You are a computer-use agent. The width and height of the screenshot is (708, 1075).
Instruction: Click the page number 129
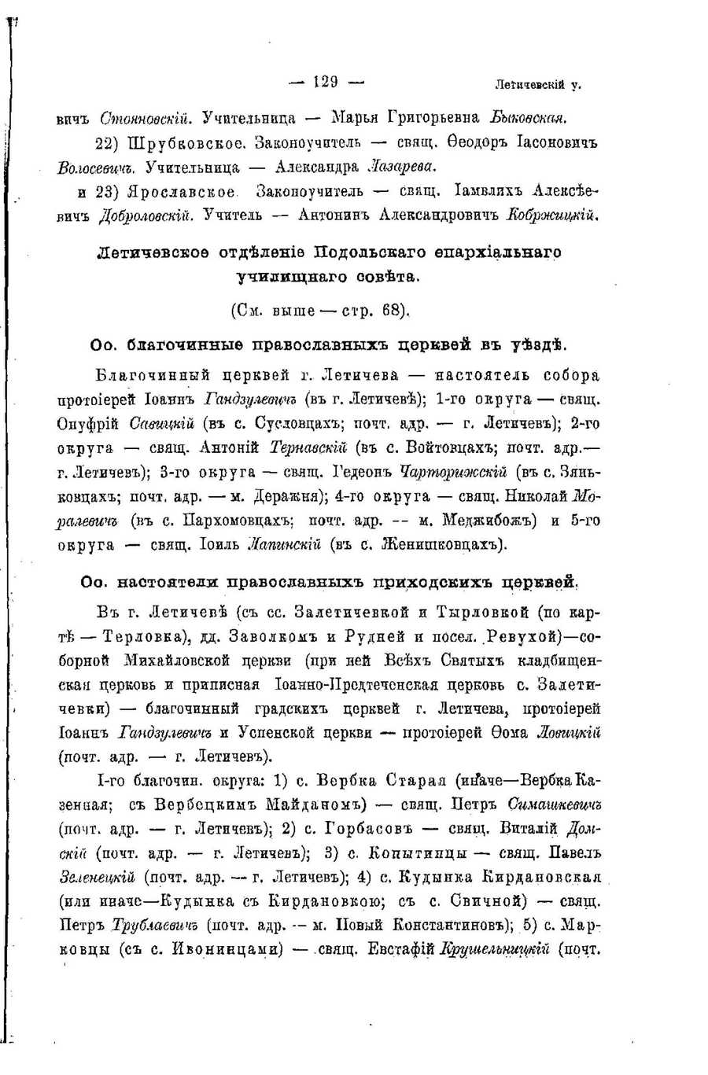[x=325, y=81]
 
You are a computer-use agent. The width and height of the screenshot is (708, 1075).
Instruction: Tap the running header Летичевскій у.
[x=538, y=84]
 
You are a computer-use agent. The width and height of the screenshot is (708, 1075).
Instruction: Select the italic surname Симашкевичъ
[x=555, y=805]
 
